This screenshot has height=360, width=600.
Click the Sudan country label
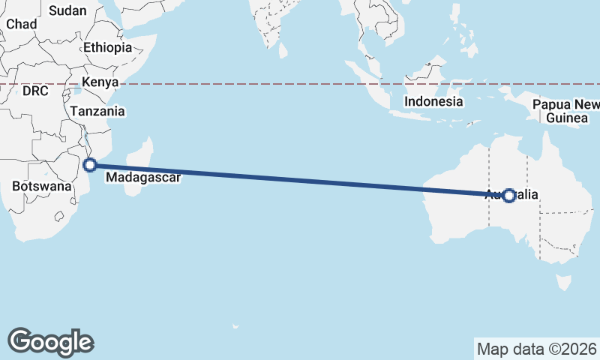pyautogui.click(x=67, y=10)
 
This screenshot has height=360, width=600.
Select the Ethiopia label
pyautogui.click(x=107, y=47)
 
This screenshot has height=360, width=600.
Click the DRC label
pyautogui.click(x=35, y=91)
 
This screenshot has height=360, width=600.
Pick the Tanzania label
pyautogui.click(x=97, y=111)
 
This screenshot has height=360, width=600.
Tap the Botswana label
pyautogui.click(x=42, y=185)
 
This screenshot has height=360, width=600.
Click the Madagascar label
pyautogui.click(x=142, y=178)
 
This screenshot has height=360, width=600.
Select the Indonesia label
pyautogui.click(x=433, y=101)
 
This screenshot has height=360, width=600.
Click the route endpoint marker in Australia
pyautogui.click(x=509, y=196)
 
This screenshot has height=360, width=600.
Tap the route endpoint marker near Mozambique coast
pyautogui.click(x=90, y=165)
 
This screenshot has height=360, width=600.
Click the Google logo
pyautogui.click(x=50, y=341)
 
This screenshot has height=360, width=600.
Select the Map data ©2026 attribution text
pyautogui.click(x=537, y=349)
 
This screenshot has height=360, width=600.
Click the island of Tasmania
pyautogui.click(x=561, y=282)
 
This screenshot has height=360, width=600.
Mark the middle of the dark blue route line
pyautogui.click(x=300, y=180)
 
